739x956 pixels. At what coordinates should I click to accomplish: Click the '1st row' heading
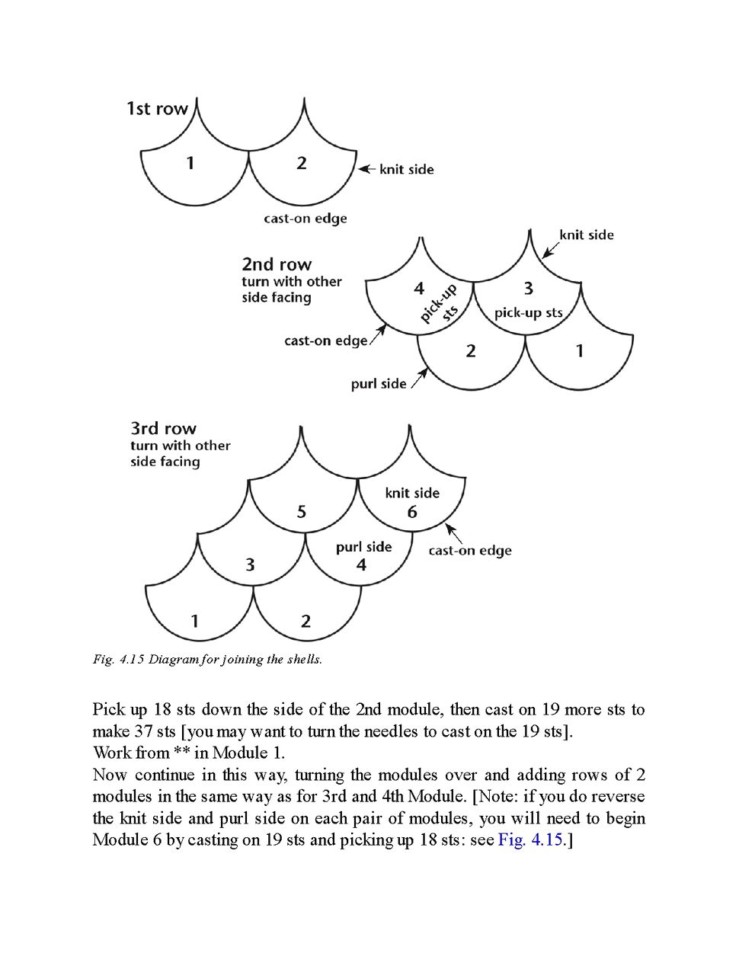coord(157,109)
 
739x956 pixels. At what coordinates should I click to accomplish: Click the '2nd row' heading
coord(277,264)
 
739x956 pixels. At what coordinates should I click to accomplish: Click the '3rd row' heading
coord(163,428)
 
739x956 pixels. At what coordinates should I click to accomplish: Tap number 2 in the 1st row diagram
coord(302,162)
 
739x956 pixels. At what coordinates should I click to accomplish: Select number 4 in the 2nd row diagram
coord(419,288)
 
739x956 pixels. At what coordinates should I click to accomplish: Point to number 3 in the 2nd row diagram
coord(528,288)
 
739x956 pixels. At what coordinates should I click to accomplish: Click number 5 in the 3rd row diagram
coord(302,512)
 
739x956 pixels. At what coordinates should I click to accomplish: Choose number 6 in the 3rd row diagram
coord(412,512)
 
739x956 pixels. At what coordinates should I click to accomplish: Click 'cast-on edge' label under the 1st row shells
coord(306,219)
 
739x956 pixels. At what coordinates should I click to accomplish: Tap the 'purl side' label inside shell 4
coord(363,547)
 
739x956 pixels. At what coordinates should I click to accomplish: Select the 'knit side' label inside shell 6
coord(412,493)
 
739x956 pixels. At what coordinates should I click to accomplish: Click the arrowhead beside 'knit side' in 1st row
coord(363,169)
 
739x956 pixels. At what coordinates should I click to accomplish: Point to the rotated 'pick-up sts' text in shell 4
coord(440,304)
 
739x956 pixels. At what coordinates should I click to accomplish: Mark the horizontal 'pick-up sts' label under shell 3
coord(528,312)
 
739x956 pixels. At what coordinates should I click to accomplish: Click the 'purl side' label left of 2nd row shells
coord(379,384)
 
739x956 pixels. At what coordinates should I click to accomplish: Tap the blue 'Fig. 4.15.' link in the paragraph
coord(532,839)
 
